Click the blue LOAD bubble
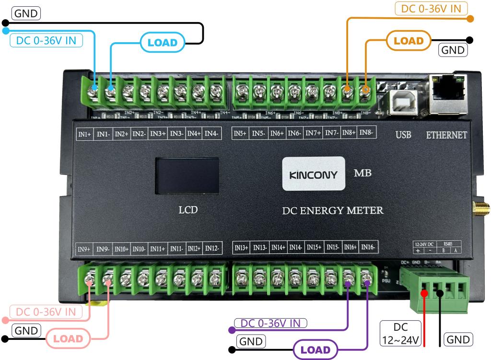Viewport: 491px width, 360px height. (162, 43)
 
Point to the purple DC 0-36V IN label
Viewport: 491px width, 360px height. (271, 323)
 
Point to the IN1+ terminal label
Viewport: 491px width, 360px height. (84, 135)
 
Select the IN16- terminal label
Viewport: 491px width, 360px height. (369, 247)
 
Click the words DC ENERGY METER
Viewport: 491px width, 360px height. (333, 210)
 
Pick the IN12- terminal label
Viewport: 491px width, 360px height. (212, 248)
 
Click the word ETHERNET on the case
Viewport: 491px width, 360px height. (446, 136)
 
